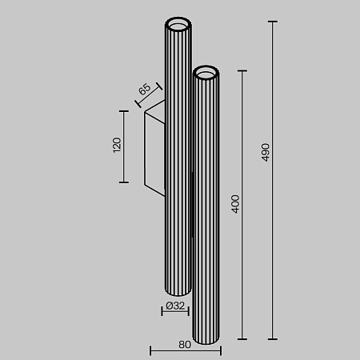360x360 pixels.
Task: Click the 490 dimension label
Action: [266, 152]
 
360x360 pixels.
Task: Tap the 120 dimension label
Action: [116, 146]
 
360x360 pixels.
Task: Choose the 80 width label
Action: [185, 346]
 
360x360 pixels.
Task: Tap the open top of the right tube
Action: [206, 74]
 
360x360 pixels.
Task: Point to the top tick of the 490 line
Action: [274, 22]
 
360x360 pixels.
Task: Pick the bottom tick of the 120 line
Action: [124, 182]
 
